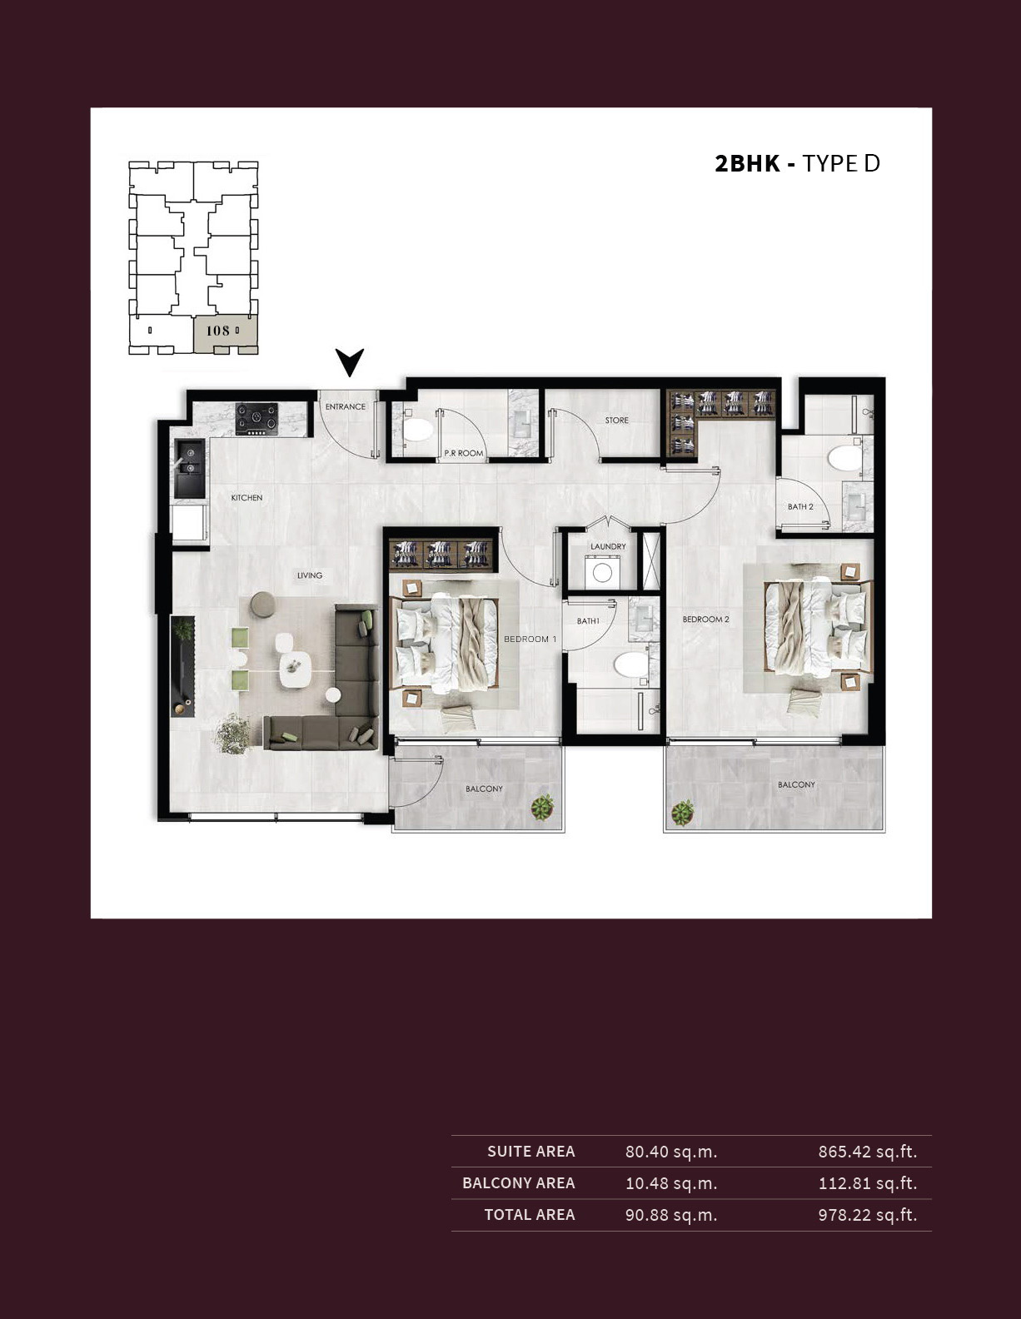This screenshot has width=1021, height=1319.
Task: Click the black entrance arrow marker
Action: point(350,361)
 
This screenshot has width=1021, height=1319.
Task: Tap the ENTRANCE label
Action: point(346,406)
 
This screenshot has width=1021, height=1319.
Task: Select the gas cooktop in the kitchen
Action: point(256,419)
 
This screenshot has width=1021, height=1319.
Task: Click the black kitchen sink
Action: point(189,469)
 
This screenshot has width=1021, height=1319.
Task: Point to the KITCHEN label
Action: point(247,498)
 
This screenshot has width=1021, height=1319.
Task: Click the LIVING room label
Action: point(310,575)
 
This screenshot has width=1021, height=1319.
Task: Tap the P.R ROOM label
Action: point(464,453)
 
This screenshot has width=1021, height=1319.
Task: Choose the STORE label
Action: point(617,420)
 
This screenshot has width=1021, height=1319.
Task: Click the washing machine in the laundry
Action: point(601,572)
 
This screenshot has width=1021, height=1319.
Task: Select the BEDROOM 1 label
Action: point(530,640)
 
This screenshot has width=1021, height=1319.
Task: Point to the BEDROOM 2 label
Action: point(705,620)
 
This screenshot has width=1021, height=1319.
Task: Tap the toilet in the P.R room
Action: point(416,431)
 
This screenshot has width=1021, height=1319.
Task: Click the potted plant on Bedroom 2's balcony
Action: point(683,813)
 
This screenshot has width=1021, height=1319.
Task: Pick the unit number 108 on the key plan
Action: point(217,331)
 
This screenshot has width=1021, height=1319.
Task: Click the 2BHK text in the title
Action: point(747,164)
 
